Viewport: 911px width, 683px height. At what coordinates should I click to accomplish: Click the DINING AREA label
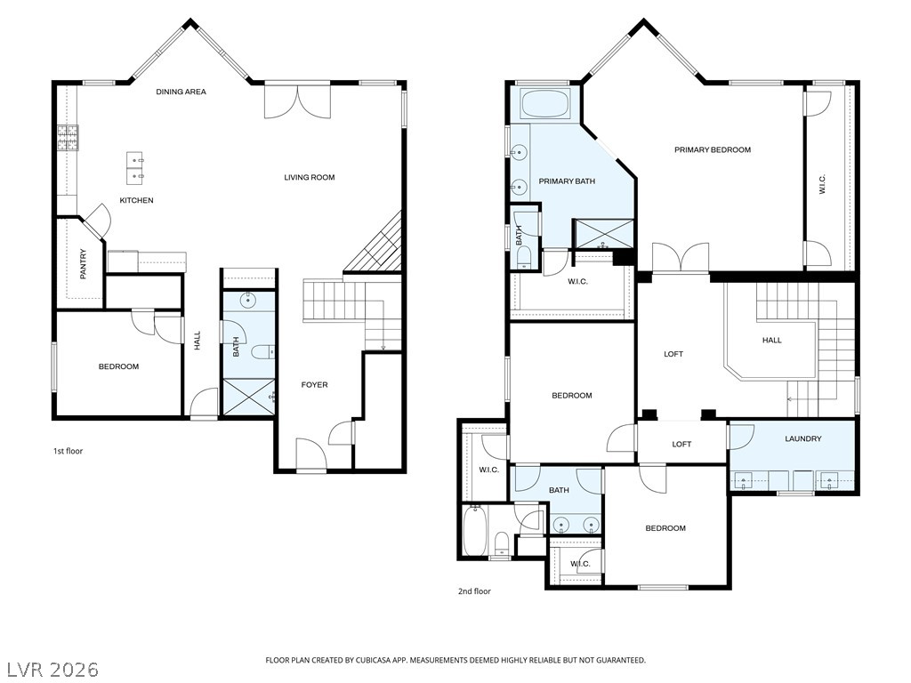coord(181,92)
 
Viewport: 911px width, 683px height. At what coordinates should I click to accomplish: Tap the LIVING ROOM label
coord(309,178)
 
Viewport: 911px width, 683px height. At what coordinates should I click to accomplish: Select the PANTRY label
coord(83,264)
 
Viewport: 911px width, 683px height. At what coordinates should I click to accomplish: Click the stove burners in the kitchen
coord(68,138)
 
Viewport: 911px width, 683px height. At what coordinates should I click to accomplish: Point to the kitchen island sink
coord(135,167)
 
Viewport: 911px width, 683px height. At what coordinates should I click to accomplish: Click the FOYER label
coord(314,385)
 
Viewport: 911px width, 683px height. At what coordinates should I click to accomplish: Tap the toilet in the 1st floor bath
coord(262,352)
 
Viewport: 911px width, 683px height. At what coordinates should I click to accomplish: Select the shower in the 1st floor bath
coord(249,398)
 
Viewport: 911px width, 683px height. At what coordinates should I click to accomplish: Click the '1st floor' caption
coord(68,451)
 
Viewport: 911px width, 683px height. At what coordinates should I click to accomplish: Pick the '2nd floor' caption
coord(474,591)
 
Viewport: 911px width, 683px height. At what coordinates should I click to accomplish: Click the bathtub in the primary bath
coord(546,104)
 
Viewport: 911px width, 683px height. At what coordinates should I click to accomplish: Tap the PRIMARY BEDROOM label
coord(713,149)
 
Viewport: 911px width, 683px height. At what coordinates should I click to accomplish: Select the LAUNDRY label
coord(803,439)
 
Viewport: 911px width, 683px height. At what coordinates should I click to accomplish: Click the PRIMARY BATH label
coord(567,181)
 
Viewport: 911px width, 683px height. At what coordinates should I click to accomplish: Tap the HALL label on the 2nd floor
coord(771,341)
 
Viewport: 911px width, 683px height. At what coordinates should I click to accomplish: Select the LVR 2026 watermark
coord(52,670)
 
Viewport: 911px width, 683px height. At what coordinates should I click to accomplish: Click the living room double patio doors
coord(297,102)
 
